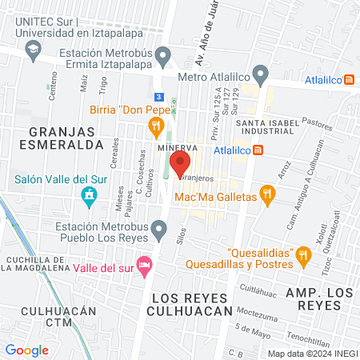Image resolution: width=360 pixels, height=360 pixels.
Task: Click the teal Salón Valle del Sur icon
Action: click(x=89, y=194)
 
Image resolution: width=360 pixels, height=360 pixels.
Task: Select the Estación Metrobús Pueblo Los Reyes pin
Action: click(x=161, y=232)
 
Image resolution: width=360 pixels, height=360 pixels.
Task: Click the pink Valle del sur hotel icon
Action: click(x=144, y=264)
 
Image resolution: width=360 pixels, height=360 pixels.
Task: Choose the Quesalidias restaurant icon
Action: click(x=302, y=256)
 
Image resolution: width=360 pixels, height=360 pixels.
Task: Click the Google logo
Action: click(x=26, y=350)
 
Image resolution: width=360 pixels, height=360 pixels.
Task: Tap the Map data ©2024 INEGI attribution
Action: click(x=311, y=353)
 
